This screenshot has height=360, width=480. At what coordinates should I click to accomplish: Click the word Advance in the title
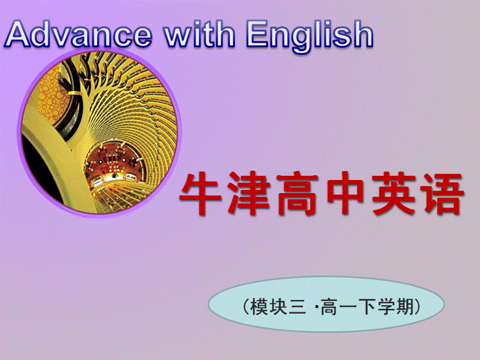click(x=79, y=35)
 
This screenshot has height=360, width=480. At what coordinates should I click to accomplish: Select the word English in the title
click(x=310, y=35)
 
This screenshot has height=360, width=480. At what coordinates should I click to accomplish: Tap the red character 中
click(x=346, y=195)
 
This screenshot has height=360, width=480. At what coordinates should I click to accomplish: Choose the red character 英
click(x=393, y=195)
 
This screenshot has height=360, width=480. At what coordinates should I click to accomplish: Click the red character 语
click(x=441, y=195)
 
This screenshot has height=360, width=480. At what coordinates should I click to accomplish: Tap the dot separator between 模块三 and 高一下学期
click(x=317, y=307)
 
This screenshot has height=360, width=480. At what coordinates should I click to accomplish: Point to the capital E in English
click(x=260, y=35)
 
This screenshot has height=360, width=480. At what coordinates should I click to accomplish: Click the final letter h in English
click(x=363, y=35)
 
